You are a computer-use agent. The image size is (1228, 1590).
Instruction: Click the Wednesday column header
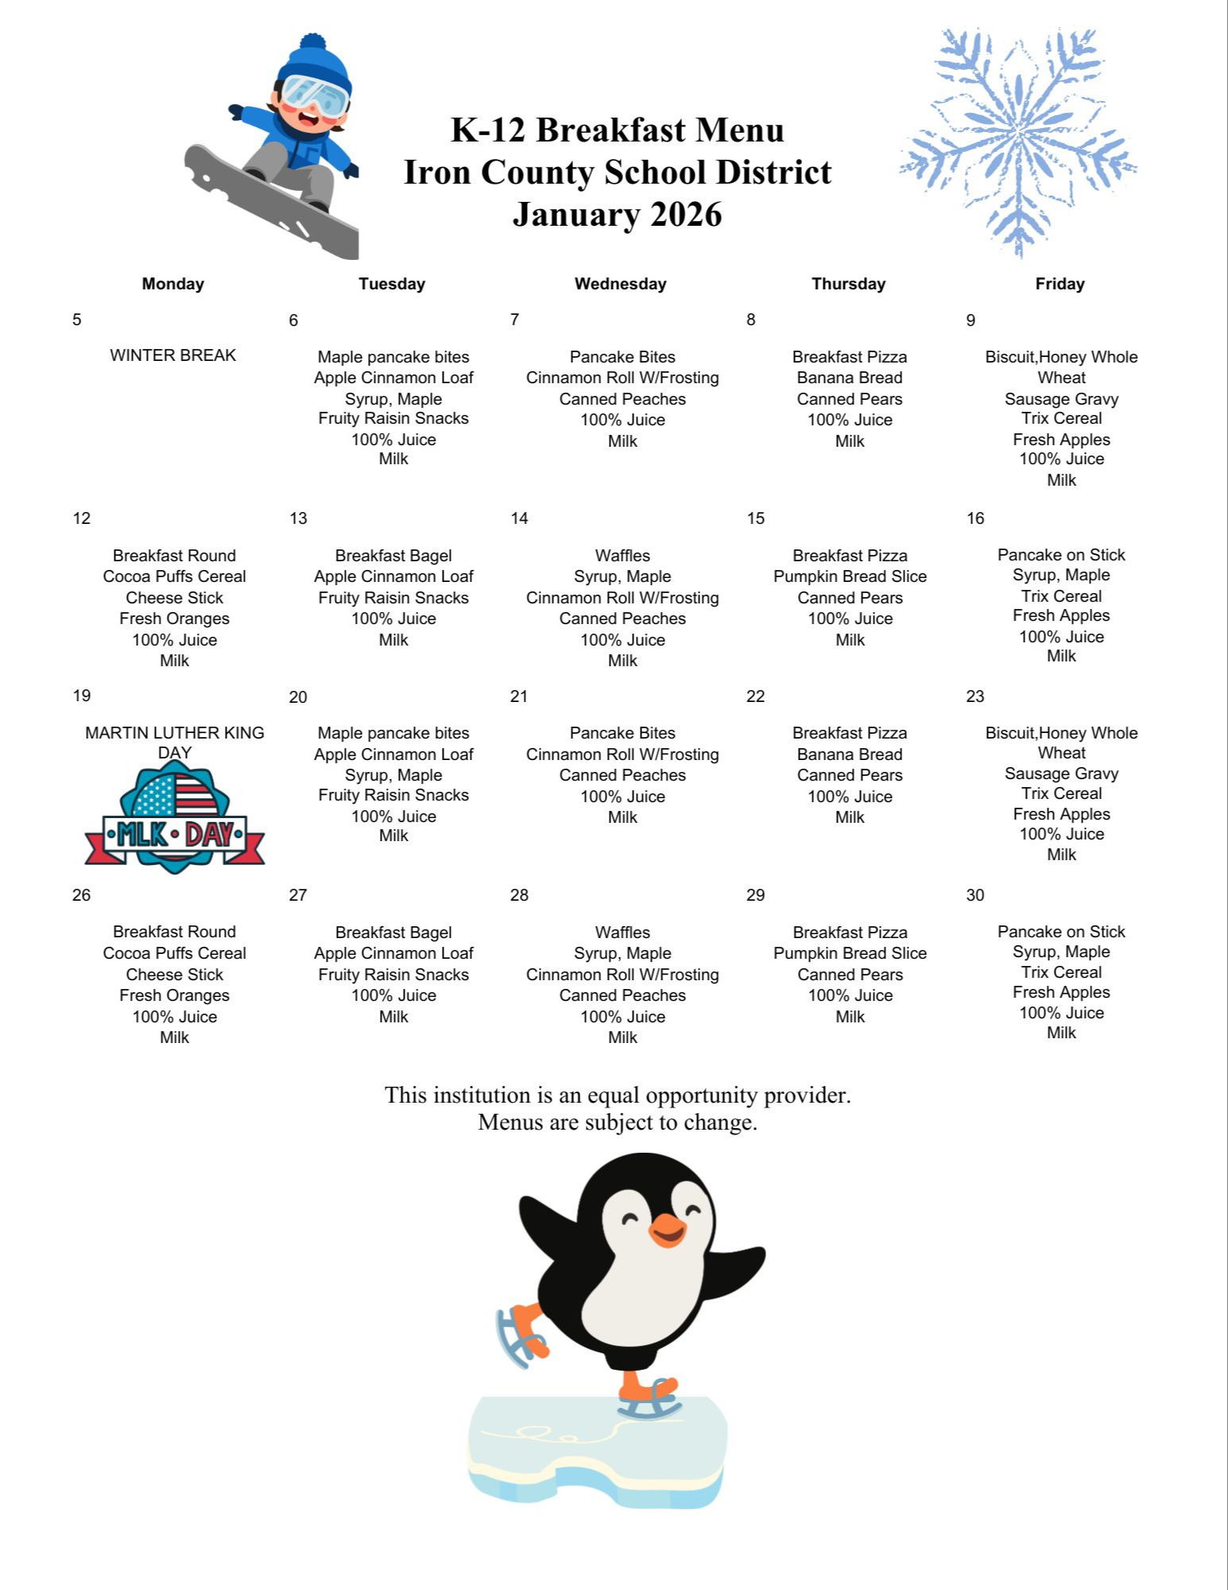point(620,284)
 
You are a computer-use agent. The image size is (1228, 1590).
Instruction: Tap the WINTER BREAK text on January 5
point(172,355)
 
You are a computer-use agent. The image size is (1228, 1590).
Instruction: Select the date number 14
point(519,518)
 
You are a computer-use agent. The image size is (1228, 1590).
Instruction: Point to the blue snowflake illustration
point(1018,143)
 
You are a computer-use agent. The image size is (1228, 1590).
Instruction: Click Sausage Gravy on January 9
point(1061,399)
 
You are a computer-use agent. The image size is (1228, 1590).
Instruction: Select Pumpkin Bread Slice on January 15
point(850,576)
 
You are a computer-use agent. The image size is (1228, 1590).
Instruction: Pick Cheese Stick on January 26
point(174,974)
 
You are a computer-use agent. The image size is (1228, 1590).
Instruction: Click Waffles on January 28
point(622,932)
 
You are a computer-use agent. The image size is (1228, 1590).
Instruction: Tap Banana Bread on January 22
point(850,754)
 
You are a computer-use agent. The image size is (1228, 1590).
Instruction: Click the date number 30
point(975,895)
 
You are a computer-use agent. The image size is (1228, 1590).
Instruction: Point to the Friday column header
point(1059,284)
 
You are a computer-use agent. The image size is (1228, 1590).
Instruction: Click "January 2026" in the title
point(617,214)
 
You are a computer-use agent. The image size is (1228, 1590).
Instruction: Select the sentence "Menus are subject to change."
point(617,1122)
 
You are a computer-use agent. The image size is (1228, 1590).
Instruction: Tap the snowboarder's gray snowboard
point(270,203)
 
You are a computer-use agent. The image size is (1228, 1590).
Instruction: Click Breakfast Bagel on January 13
point(393,555)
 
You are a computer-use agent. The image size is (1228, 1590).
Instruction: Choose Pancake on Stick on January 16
point(1061,555)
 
